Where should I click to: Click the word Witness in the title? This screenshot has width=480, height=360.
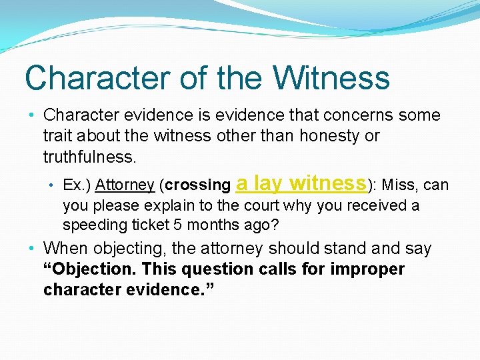click(x=331, y=77)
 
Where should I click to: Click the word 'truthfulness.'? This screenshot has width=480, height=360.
click(x=89, y=157)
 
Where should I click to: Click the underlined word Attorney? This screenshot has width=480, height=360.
click(x=125, y=185)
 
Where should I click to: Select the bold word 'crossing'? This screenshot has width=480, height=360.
click(x=197, y=185)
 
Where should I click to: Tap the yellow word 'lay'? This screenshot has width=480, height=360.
click(x=268, y=183)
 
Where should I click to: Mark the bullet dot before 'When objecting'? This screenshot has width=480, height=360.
click(x=32, y=249)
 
